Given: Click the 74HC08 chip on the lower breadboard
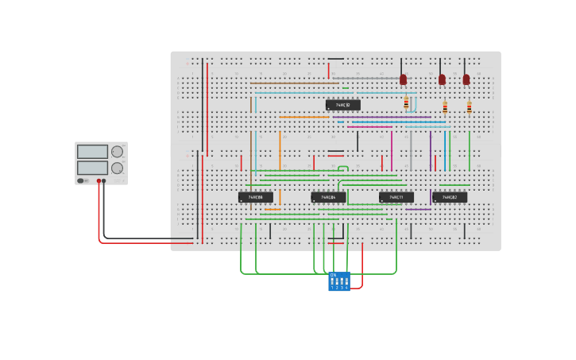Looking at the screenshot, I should click(256, 196).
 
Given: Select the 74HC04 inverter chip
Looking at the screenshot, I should click(328, 196).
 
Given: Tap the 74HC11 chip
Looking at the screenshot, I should click(396, 196).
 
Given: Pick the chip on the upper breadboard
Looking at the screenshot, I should click(343, 105).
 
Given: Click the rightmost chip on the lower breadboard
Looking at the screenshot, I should click(450, 196).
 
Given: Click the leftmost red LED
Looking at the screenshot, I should click(403, 79).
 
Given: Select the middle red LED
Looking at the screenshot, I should click(442, 79).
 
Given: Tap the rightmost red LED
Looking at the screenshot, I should click(466, 79).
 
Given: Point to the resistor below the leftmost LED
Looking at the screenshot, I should click(406, 103).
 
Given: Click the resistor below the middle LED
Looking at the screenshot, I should click(445, 106).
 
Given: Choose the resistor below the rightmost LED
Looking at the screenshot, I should click(469, 106).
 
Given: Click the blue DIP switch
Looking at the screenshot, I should click(339, 281).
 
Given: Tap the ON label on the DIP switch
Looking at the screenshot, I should click(333, 275).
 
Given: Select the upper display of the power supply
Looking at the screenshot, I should click(92, 152).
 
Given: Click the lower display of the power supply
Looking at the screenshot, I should click(92, 168).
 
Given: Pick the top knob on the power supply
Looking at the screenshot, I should click(117, 152).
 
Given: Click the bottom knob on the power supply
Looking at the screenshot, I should click(117, 168).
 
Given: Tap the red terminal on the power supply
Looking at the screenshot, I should click(99, 181).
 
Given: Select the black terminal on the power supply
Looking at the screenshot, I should click(104, 181).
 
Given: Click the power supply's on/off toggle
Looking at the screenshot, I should click(81, 180).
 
